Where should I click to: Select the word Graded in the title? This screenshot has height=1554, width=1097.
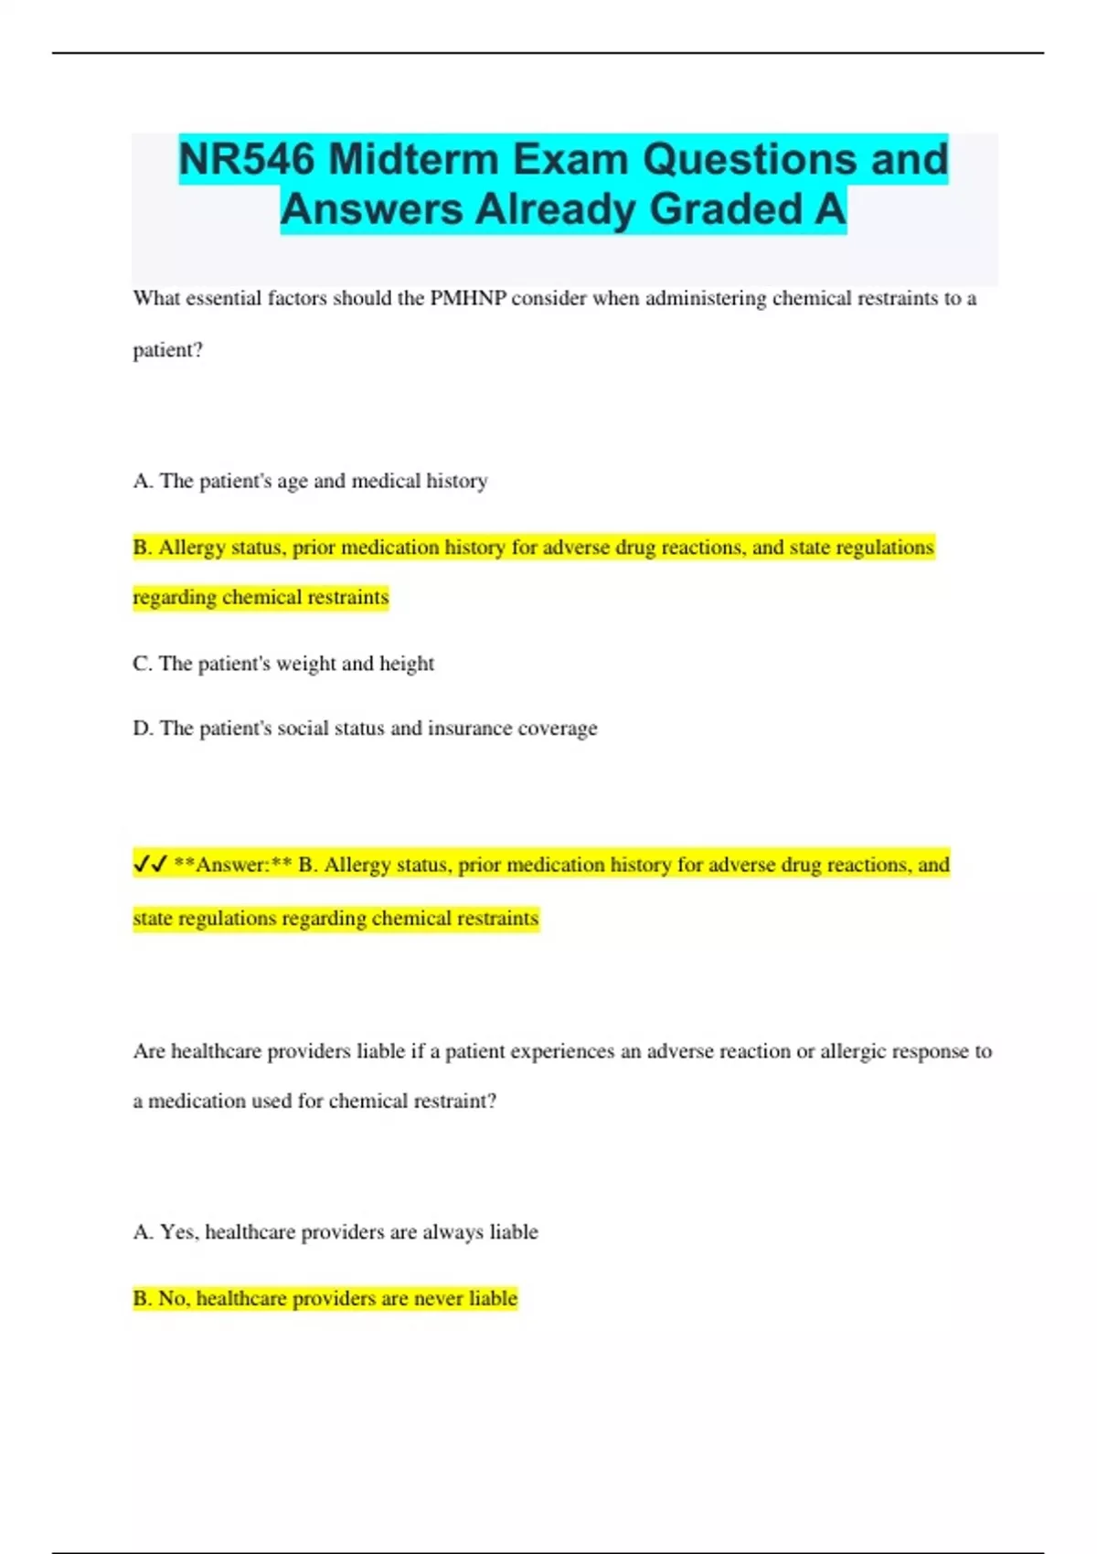(726, 208)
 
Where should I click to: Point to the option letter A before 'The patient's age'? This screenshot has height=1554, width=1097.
(142, 481)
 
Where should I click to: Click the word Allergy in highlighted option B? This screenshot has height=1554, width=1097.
(191, 548)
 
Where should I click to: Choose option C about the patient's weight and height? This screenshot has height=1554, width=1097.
(283, 664)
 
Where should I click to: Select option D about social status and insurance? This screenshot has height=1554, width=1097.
(365, 729)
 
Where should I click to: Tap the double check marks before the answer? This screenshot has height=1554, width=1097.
(150, 864)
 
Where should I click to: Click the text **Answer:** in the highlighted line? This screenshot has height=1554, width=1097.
(232, 865)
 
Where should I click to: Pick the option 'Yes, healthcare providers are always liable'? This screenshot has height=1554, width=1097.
(335, 1232)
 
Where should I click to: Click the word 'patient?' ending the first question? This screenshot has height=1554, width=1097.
(167, 350)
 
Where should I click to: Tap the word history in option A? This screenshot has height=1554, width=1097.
(456, 481)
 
